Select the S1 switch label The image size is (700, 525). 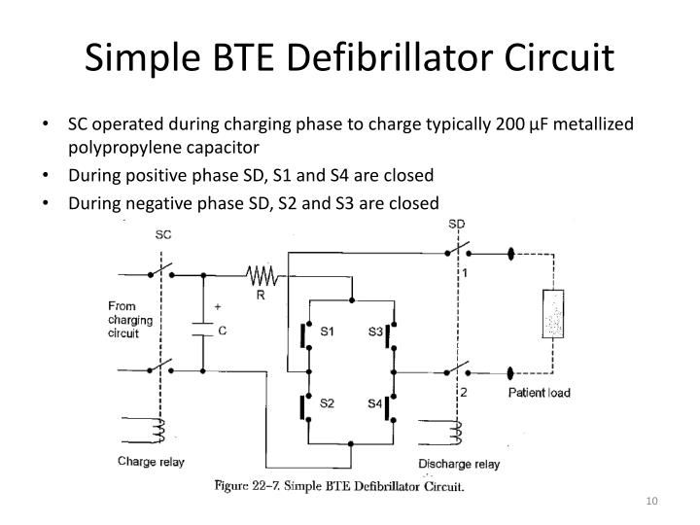[x=327, y=332]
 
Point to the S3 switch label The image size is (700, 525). [x=374, y=332]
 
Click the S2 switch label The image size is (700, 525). [x=327, y=402]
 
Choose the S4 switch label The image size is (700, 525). [x=374, y=402]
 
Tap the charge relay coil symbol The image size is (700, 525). [x=158, y=430]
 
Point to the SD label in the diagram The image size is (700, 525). [x=456, y=225]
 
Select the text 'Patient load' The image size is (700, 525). [x=540, y=394]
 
